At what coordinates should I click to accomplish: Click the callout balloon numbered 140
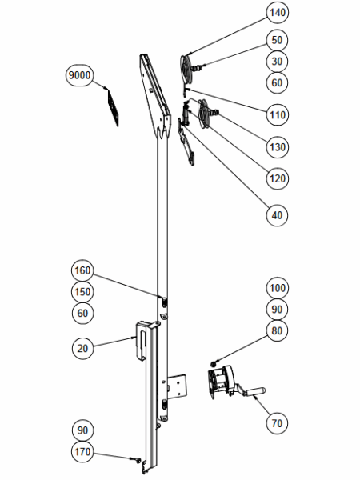click(x=278, y=13)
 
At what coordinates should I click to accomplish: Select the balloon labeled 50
click(x=277, y=40)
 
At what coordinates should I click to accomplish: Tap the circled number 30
click(x=277, y=62)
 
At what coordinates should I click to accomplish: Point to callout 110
click(x=278, y=114)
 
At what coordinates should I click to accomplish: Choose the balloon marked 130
click(x=278, y=147)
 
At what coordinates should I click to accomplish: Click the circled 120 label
click(x=278, y=178)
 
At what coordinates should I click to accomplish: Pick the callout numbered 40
click(x=277, y=215)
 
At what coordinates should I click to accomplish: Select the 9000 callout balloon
click(x=79, y=75)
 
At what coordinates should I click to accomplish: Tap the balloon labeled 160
click(x=82, y=270)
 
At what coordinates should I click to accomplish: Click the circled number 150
click(x=82, y=292)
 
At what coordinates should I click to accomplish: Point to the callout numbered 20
click(x=82, y=348)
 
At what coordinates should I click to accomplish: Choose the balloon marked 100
click(x=278, y=288)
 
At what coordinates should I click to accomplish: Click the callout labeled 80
click(x=277, y=330)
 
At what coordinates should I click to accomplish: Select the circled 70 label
click(x=277, y=423)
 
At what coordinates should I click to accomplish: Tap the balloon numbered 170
click(x=82, y=451)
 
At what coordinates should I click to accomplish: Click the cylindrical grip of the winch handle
click(x=255, y=391)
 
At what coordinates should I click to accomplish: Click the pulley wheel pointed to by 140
click(x=186, y=69)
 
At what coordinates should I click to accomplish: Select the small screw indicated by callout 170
click(x=138, y=459)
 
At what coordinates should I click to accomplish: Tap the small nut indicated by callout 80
click(x=213, y=364)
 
